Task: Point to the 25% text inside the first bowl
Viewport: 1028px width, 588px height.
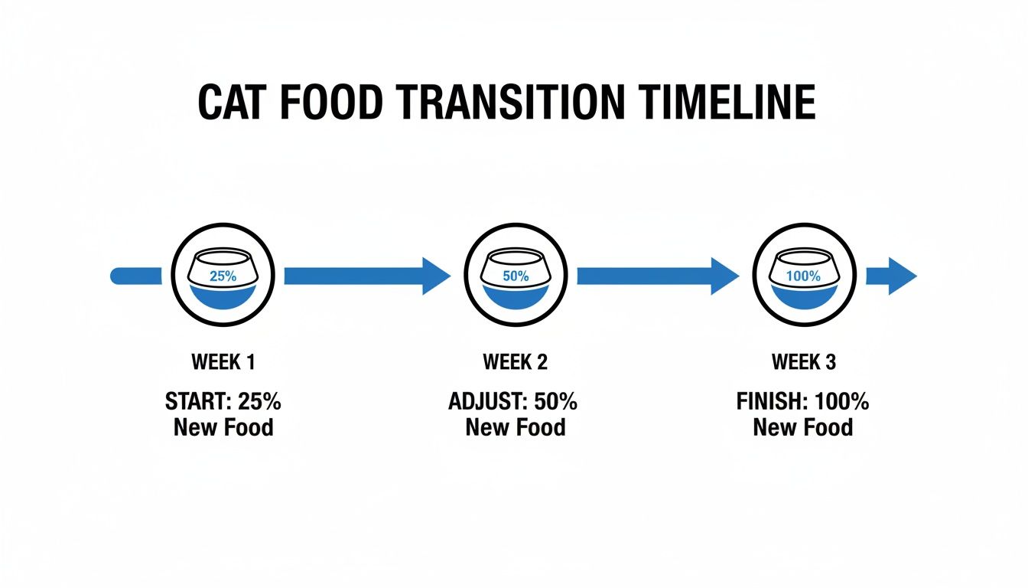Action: pos(223,276)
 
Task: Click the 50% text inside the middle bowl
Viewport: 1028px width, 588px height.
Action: pos(516,276)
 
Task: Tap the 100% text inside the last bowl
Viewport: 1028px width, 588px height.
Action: pos(803,276)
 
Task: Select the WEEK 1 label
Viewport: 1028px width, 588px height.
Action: pos(223,362)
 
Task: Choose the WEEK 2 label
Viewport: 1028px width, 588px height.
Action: pos(516,362)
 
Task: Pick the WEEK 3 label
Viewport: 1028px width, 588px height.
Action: pos(803,362)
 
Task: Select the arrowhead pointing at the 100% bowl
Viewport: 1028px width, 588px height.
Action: pos(725,276)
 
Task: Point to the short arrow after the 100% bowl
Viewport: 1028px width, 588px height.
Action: pos(892,276)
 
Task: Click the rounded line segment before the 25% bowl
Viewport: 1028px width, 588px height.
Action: pos(136,276)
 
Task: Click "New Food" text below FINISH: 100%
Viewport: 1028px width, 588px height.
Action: pos(803,426)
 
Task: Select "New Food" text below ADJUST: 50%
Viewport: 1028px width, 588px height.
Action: pos(516,426)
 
